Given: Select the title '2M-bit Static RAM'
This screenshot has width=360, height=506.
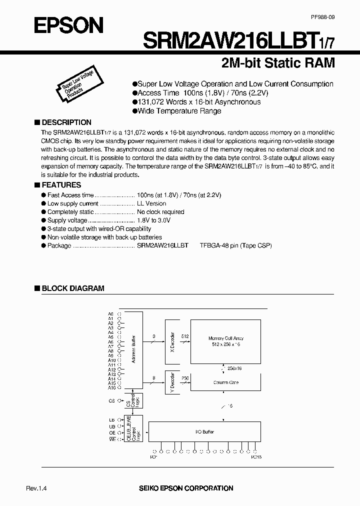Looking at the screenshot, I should (277, 63).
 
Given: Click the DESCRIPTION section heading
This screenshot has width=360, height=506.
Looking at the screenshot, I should (66, 122).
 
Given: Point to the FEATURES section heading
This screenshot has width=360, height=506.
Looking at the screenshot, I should (61, 185).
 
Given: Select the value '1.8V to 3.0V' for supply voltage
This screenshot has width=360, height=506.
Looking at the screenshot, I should (153, 220).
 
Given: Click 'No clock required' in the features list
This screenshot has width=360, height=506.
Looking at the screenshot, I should (160, 211).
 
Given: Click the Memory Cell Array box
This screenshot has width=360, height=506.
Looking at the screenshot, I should (226, 342).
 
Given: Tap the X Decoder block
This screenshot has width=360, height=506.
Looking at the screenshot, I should (172, 342).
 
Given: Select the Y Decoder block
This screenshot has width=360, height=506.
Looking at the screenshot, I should (172, 383).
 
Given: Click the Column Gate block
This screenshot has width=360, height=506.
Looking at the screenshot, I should (226, 382).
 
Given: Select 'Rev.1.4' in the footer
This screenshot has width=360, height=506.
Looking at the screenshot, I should (36, 488).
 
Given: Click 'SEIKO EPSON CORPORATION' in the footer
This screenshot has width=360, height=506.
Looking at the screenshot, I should (192, 488).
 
